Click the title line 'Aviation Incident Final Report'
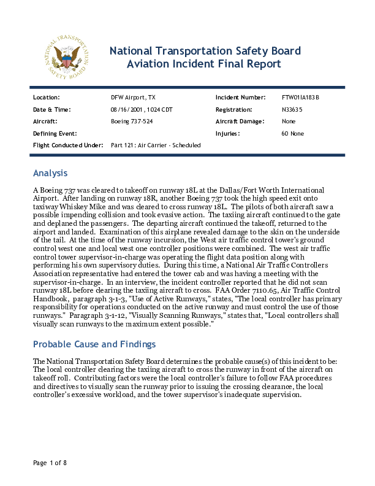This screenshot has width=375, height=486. (203, 64)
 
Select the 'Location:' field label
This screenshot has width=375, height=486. (46, 98)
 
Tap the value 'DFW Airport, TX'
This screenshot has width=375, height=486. (133, 98)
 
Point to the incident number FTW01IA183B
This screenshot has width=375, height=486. (300, 98)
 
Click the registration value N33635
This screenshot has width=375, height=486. (292, 109)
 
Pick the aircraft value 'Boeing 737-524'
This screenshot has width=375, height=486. (132, 121)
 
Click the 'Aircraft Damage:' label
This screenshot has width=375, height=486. (240, 121)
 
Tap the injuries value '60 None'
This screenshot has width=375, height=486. (292, 133)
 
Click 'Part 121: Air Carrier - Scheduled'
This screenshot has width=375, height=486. (156, 145)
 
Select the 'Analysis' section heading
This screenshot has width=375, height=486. (50, 173)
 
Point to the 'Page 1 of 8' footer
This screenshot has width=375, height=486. (50, 462)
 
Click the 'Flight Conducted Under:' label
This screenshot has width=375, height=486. (67, 145)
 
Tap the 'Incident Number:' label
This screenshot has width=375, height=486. (240, 98)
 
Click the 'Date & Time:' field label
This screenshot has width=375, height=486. (51, 109)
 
